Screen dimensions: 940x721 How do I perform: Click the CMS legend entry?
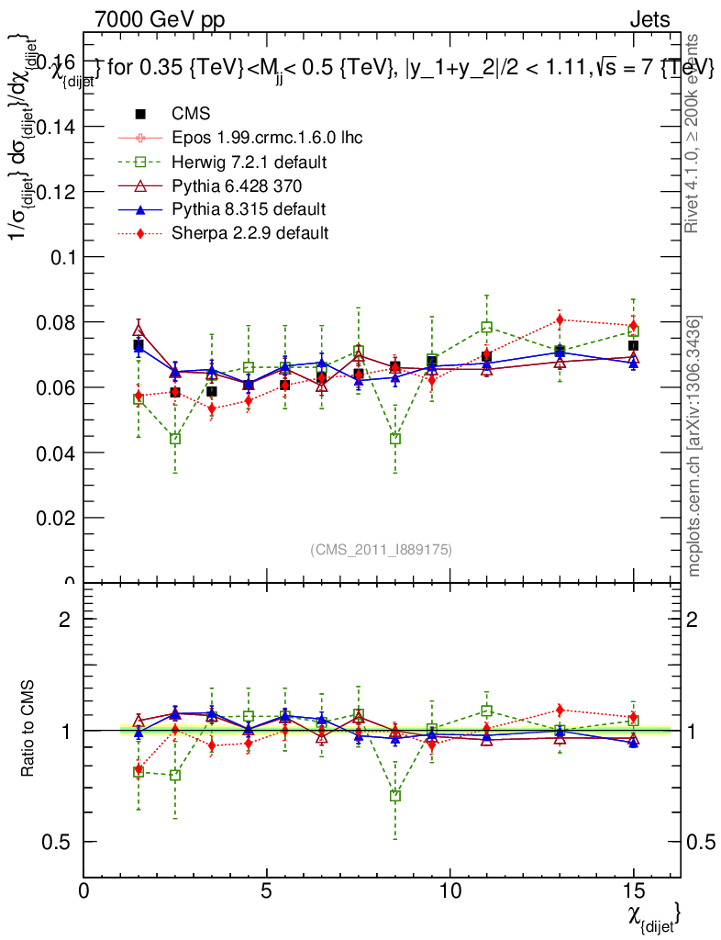pyautogui.click(x=192, y=114)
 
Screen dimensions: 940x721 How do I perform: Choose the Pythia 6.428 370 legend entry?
pyautogui.click(x=237, y=185)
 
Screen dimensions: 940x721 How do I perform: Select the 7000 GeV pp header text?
pyautogui.click(x=160, y=19)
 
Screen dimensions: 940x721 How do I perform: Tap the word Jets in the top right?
pyautogui.click(x=649, y=19)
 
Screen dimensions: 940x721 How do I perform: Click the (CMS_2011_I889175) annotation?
pyautogui.click(x=382, y=549)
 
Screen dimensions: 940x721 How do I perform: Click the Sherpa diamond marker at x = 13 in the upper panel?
pyautogui.click(x=560, y=319)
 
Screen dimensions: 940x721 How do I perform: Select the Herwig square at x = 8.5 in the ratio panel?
pyautogui.click(x=394, y=796)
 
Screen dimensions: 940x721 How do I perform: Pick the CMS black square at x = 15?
pyautogui.click(x=633, y=346)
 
